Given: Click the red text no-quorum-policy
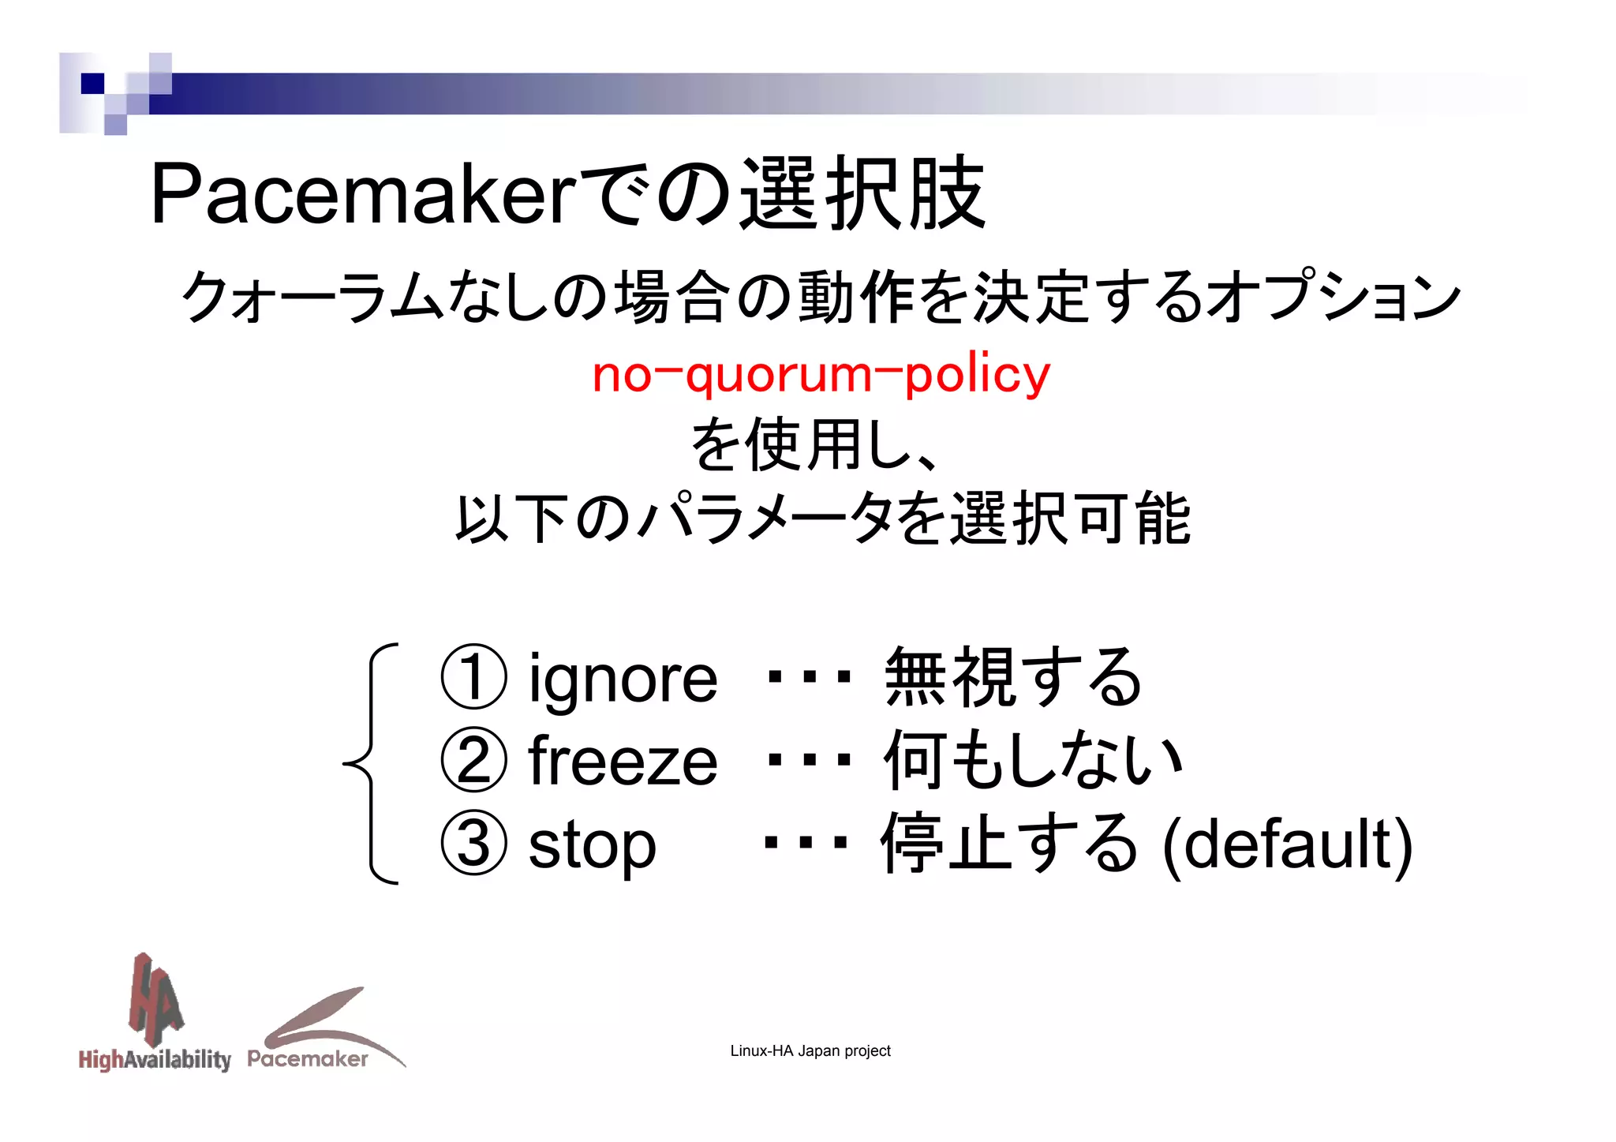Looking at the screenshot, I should (x=821, y=374).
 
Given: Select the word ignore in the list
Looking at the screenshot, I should (x=623, y=678).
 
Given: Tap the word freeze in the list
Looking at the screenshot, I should (x=623, y=761).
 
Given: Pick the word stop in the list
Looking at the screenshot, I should (x=592, y=844).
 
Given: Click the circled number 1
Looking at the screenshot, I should (x=473, y=678).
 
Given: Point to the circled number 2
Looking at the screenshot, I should (x=473, y=761).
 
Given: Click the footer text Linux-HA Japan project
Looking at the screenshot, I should (x=810, y=1051).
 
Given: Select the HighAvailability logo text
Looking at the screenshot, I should (x=155, y=1059).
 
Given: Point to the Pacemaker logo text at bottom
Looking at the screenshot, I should (x=308, y=1059).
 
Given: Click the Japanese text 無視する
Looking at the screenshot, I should (x=1013, y=678).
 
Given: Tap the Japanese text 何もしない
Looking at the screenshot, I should (x=1033, y=761).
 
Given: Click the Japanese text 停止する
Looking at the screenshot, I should (x=1010, y=844).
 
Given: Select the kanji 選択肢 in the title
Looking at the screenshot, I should (x=862, y=193).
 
